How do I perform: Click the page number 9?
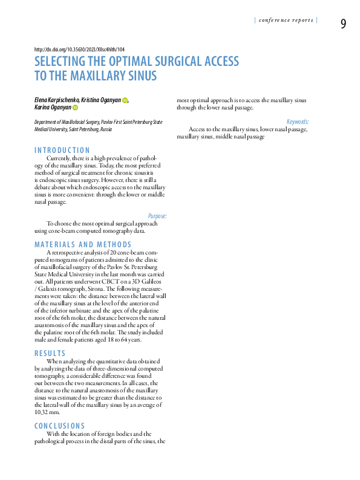[x=343, y=24]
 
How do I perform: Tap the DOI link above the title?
[x=79, y=50]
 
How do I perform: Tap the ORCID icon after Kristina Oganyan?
[x=125, y=100]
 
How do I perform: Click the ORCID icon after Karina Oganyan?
[x=76, y=108]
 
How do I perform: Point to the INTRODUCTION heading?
[x=62, y=150]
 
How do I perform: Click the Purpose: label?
[x=157, y=216]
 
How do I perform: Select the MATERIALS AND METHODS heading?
[x=83, y=244]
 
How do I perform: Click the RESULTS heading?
[x=50, y=353]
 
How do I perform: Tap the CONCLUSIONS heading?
[x=60, y=426]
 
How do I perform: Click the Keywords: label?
[x=298, y=122]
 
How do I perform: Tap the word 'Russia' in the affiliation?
[x=106, y=129]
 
